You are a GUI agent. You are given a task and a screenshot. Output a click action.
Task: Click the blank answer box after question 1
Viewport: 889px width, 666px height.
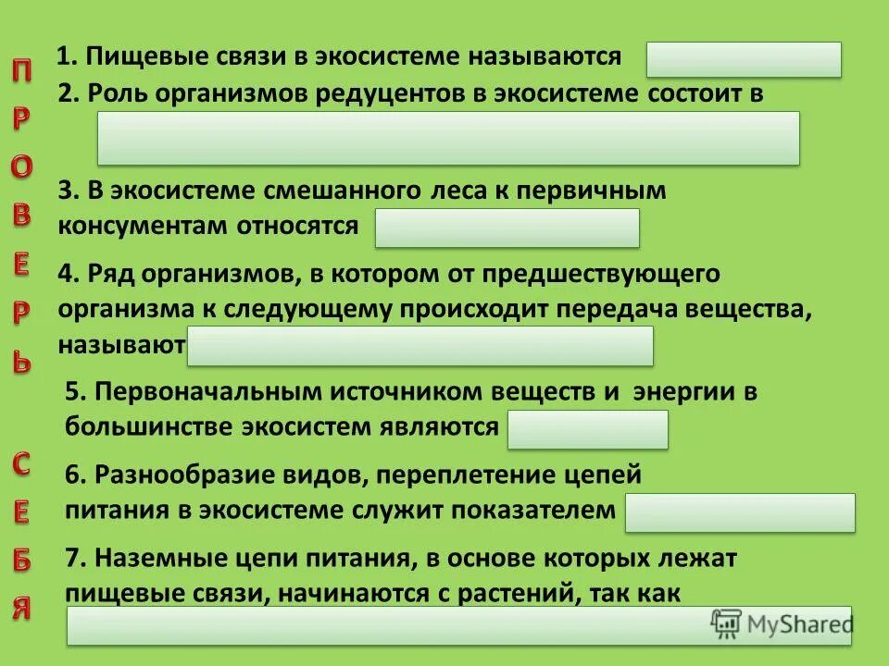coord(744,59)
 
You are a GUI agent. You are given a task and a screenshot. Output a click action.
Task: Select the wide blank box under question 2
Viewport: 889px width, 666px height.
coord(448,139)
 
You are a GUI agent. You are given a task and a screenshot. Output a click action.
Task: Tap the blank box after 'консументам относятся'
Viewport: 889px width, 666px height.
coord(507,228)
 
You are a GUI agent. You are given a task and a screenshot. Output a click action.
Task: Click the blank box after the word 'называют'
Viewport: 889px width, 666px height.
coord(420,346)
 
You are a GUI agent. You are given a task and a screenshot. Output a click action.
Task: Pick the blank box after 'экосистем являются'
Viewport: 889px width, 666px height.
coord(587,430)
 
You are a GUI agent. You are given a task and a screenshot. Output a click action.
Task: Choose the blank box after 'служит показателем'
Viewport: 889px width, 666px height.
coord(740,512)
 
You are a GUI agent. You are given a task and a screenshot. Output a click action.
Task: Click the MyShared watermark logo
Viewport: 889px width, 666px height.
coord(782,623)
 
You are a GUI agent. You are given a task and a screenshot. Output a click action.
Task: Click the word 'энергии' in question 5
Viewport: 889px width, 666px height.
coord(681,392)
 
